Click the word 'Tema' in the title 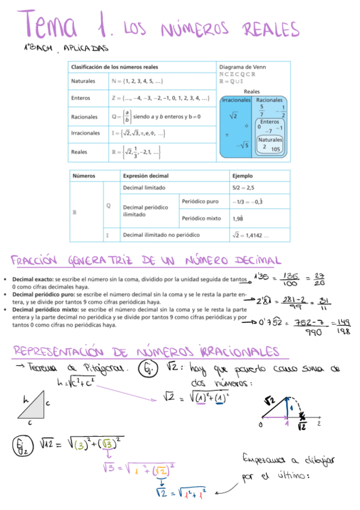[x=51, y=26]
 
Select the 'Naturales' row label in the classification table [x=84, y=81]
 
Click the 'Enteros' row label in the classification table [x=81, y=97]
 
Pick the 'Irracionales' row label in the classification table [x=85, y=134]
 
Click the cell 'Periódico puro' [x=200, y=201]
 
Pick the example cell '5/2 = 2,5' [x=243, y=188]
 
